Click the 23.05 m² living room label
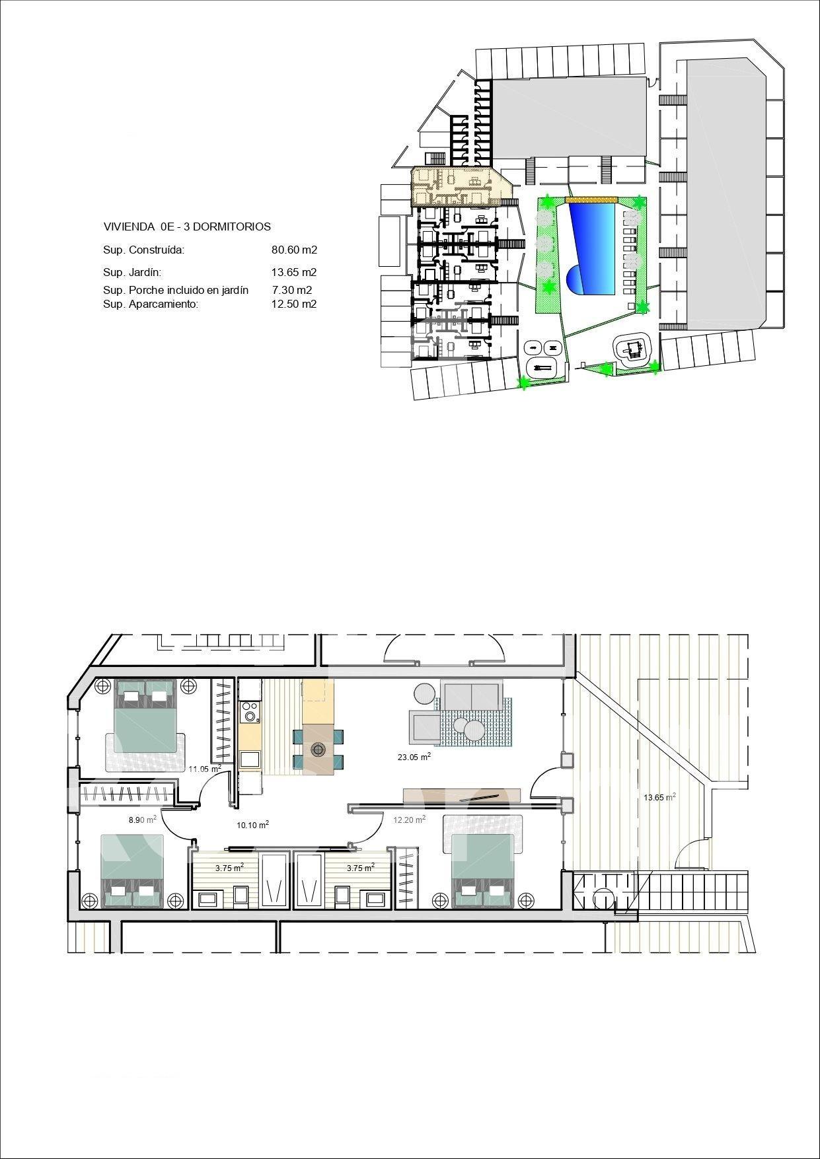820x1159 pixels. click(x=414, y=757)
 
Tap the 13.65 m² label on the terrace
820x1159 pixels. click(x=659, y=797)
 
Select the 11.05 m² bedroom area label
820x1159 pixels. click(x=205, y=769)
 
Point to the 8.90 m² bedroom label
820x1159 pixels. click(x=142, y=820)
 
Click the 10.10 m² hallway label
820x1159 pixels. click(x=252, y=825)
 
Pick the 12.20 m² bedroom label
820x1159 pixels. click(x=410, y=820)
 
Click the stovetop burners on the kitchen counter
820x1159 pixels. click(x=250, y=712)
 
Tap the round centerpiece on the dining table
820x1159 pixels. click(x=319, y=749)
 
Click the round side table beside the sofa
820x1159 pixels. click(x=423, y=693)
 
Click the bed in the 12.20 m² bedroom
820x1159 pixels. click(x=482, y=867)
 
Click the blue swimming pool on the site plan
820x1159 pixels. click(x=592, y=248)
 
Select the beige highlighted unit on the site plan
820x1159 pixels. click(x=459, y=186)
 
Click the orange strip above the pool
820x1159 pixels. click(x=590, y=199)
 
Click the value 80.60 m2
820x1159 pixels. click(x=295, y=250)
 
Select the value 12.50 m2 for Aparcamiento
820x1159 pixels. click(x=295, y=304)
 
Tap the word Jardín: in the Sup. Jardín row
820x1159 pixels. click(x=145, y=272)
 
